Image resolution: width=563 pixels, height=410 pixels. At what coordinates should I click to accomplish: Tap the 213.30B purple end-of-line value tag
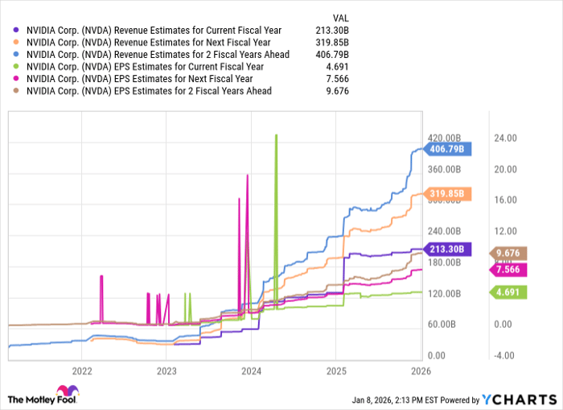pos(448,249)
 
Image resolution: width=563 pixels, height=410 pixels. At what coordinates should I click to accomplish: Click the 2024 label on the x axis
pos(250,371)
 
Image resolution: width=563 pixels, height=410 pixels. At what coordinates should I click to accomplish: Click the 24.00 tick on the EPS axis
pos(504,139)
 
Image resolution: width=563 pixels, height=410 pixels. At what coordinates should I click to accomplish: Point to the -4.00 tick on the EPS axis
pos(504,354)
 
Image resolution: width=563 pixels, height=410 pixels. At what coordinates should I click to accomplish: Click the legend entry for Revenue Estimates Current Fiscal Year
pos(153,30)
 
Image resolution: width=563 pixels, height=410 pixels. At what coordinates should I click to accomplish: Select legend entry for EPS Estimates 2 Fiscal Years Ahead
pos(149,90)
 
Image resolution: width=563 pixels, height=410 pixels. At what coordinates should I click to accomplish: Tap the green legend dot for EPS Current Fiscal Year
pos(16,66)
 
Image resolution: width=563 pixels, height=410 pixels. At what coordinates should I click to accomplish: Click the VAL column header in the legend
pos(341,17)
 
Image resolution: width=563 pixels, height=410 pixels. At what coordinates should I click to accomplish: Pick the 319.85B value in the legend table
pos(333,42)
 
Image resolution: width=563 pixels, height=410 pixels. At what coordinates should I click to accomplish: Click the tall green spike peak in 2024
pos(276,135)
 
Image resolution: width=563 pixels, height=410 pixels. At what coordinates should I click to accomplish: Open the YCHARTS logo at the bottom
pos(517,398)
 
